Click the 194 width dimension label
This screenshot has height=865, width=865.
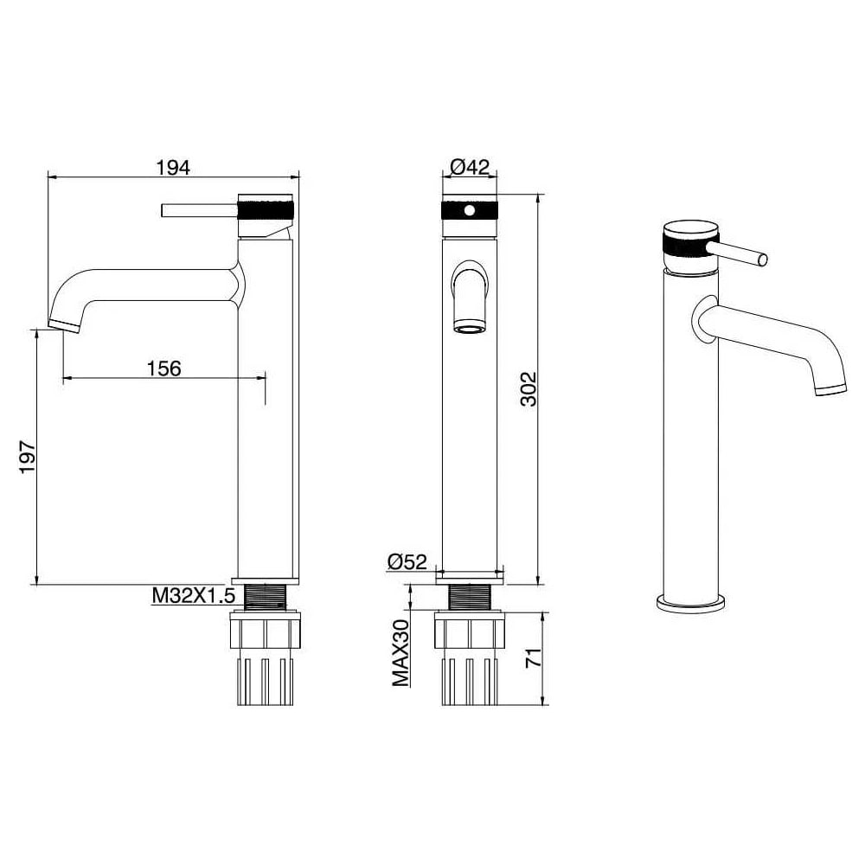click(173, 167)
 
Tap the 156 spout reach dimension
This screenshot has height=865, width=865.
click(164, 368)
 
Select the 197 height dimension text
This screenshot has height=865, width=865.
click(28, 456)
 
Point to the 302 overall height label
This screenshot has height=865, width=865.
click(529, 389)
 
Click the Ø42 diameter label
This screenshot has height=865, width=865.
click(470, 167)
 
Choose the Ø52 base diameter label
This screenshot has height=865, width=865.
click(407, 561)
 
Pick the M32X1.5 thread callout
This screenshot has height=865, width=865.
click(194, 596)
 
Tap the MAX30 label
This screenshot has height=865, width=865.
click(401, 652)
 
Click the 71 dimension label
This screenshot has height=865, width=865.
click(534, 658)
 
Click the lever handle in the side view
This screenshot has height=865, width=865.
click(199, 211)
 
